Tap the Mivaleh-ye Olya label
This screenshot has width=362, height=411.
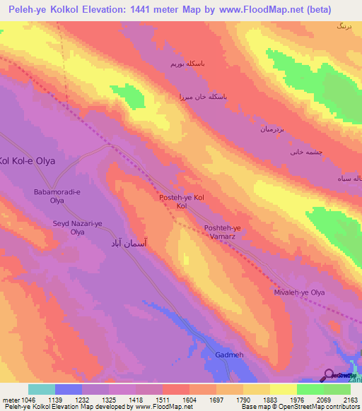pos(299,292)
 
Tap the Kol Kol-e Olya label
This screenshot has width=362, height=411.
pos(27,160)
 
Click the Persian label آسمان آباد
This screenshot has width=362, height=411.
pos(132,242)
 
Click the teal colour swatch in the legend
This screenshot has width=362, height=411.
pos(42,389)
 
